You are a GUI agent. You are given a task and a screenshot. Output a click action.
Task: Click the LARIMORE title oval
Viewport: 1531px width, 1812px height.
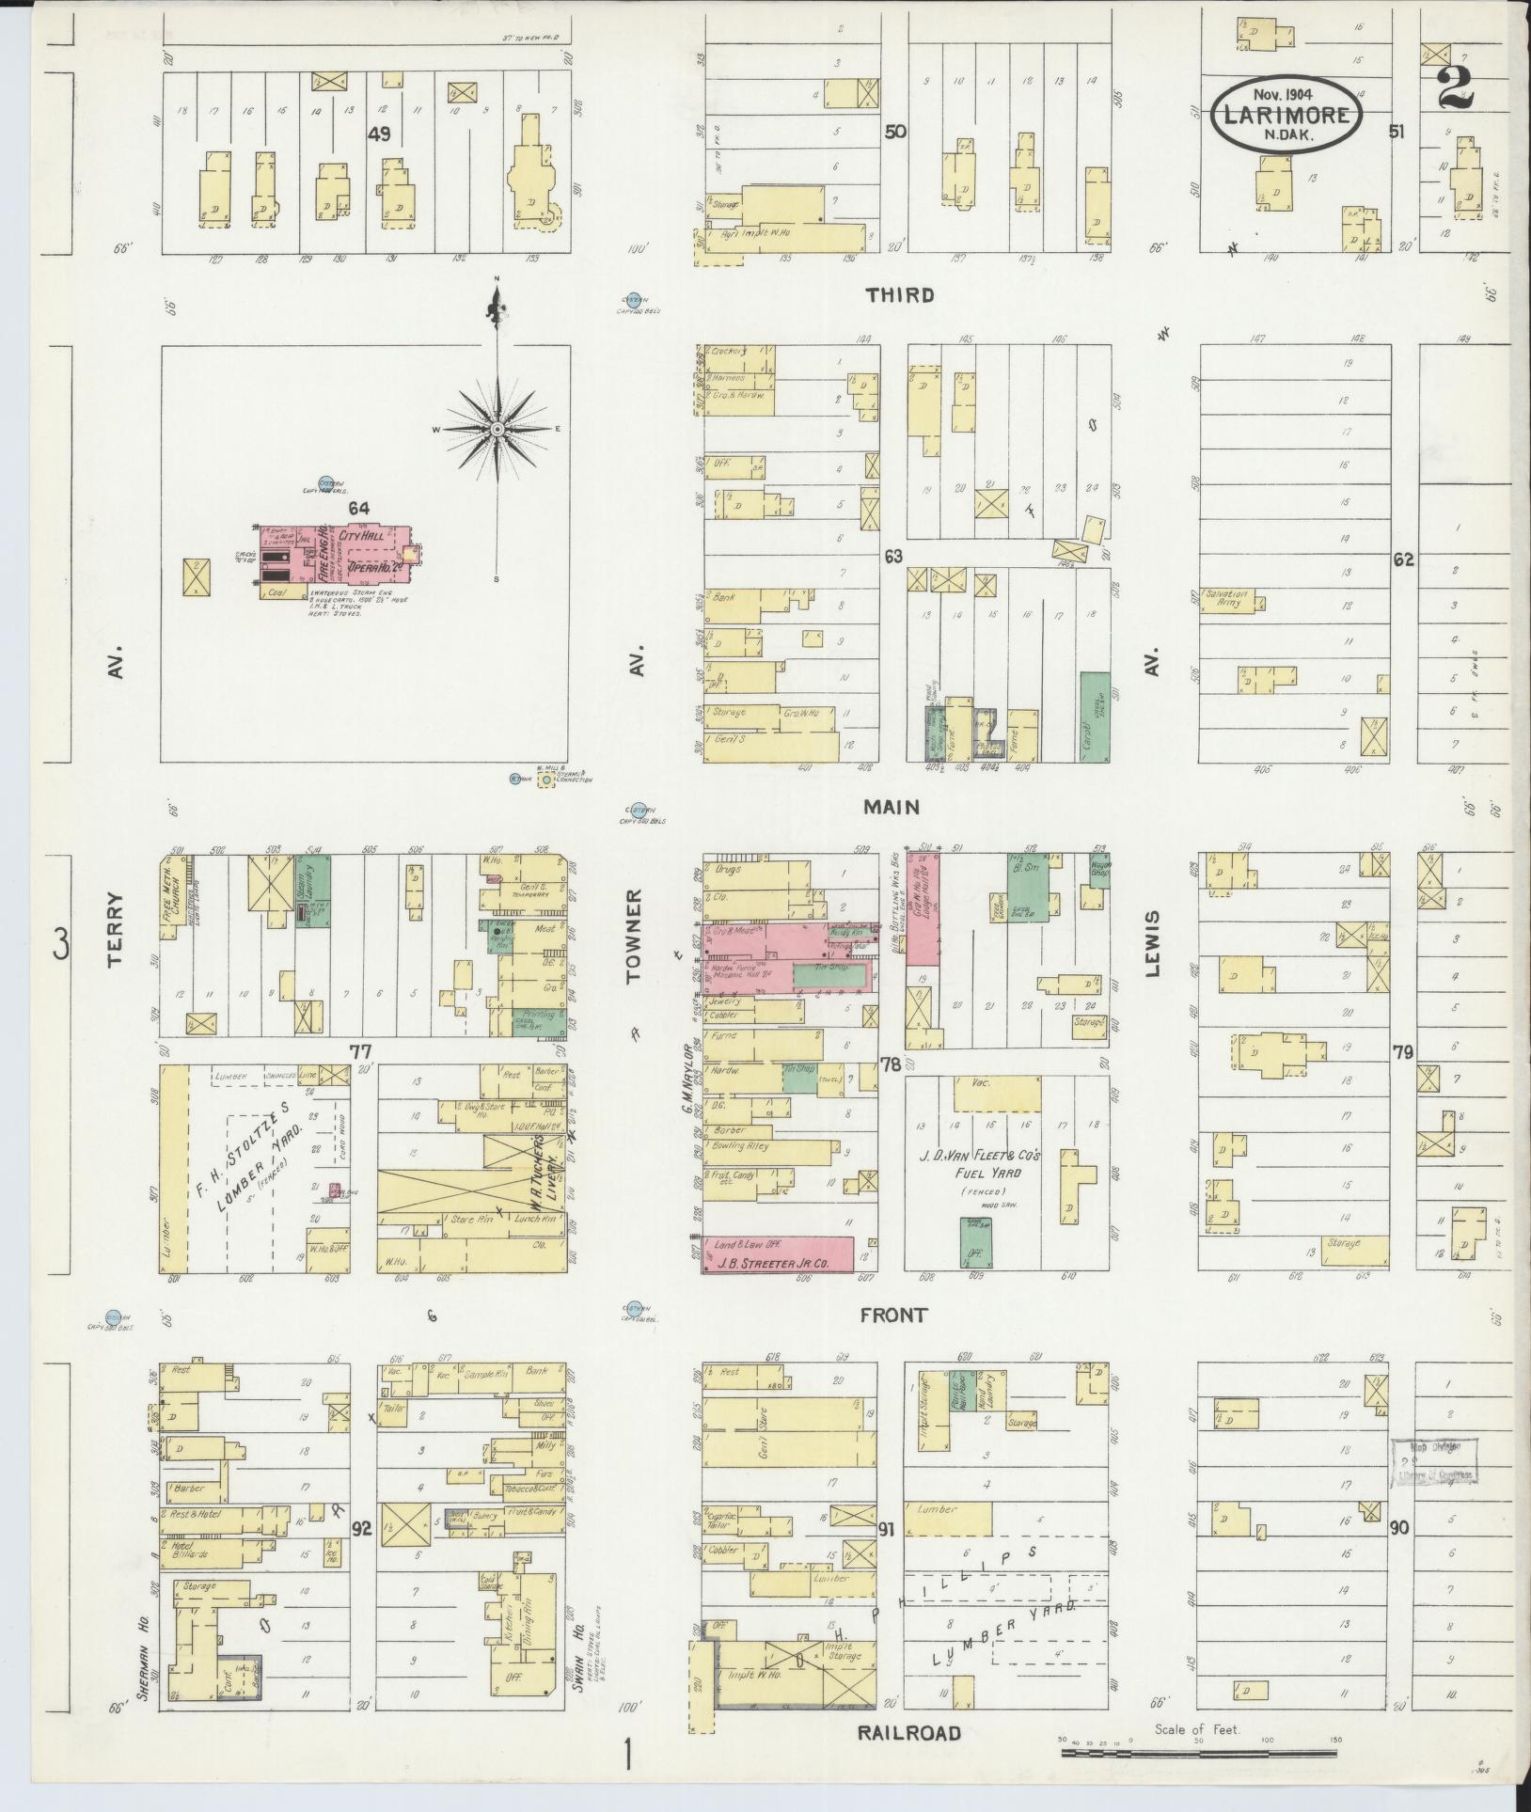click(1285, 116)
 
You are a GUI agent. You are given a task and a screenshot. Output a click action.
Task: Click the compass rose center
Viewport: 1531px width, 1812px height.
click(496, 429)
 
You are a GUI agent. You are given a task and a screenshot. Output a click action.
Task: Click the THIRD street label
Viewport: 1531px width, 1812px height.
click(901, 295)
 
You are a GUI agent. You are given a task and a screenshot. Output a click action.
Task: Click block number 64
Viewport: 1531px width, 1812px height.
click(358, 509)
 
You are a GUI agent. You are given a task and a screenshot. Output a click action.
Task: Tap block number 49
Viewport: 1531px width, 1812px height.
click(379, 134)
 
